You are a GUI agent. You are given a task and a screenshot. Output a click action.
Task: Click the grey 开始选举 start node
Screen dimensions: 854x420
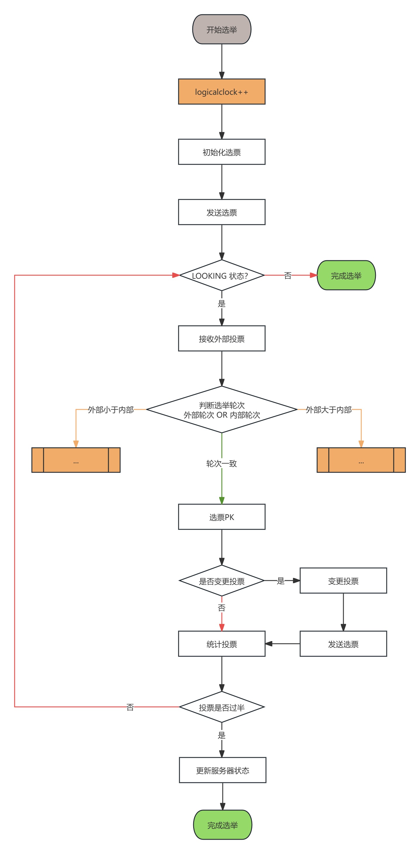coord(222,29)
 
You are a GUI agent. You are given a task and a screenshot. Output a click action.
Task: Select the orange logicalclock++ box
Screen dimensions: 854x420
coord(222,92)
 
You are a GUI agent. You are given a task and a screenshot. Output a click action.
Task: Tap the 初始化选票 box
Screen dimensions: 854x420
coord(222,152)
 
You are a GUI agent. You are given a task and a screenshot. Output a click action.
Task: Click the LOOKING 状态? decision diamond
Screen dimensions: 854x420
coord(222,275)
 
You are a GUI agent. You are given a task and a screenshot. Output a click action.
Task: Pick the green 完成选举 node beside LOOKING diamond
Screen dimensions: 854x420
coord(346,275)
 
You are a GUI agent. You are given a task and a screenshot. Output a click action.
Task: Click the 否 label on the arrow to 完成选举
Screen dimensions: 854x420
coord(288,276)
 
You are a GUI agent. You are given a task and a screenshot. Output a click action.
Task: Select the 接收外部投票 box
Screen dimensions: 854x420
coord(222,338)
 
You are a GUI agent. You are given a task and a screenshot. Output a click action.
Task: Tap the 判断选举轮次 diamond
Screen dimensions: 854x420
coord(222,409)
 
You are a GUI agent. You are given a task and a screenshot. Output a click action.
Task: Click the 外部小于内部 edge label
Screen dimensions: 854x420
coord(111,410)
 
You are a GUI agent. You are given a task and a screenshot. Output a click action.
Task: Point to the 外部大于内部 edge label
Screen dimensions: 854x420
coord(329,410)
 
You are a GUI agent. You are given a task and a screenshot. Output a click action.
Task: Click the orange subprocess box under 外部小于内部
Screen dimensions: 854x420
coord(76,460)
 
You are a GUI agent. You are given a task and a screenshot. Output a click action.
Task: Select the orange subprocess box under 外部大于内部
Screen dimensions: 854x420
coord(361,460)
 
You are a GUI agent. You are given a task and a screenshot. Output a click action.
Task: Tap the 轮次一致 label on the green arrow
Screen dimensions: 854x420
coord(222,464)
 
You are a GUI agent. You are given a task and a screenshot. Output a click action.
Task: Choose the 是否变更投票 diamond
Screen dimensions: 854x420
coord(222,581)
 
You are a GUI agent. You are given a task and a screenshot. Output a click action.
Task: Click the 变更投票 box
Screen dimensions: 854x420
coord(343,581)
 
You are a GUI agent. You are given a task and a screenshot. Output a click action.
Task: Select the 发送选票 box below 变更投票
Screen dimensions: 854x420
coord(343,643)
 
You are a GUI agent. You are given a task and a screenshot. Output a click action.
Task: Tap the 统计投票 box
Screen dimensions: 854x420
coord(222,643)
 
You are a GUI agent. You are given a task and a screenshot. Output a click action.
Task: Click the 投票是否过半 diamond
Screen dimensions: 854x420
coord(222,707)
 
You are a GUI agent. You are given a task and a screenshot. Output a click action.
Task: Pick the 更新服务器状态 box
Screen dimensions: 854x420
coord(223,770)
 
